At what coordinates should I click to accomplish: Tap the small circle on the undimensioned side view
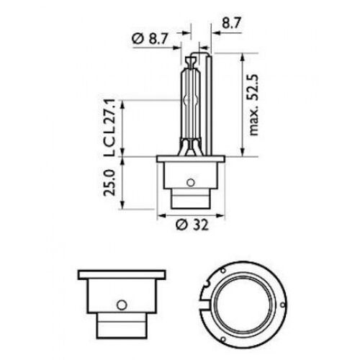122,302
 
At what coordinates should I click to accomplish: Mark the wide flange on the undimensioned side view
122,276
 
